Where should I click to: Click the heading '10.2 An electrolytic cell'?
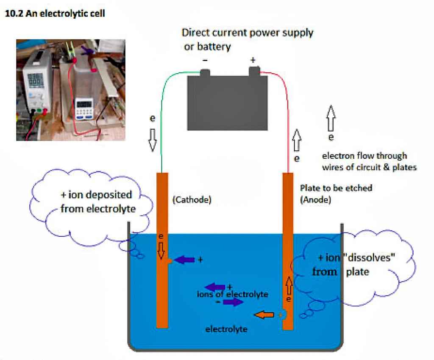coord(54,14)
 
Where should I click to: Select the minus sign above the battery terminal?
coord(205,61)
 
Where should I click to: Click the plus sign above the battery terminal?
coord(253,61)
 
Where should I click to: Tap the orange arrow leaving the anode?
coord(263,315)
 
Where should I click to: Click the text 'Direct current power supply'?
coord(247,33)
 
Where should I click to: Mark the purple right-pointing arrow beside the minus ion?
coord(233,302)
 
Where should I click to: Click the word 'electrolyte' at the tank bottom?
coord(226,329)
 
